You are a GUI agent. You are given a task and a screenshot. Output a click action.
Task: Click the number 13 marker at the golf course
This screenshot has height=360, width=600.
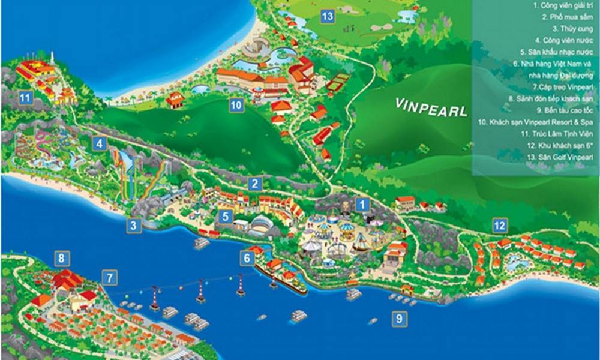point(327,17)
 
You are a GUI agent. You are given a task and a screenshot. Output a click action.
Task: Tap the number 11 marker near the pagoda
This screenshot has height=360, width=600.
point(25,97)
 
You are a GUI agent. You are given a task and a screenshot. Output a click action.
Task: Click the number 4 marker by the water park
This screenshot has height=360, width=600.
point(99,143)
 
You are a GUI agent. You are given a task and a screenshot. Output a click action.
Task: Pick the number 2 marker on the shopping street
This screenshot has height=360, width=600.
point(255,184)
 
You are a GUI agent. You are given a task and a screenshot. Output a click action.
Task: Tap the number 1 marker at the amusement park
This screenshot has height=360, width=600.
point(362,205)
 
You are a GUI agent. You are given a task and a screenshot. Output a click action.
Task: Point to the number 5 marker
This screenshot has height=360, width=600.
point(225,216)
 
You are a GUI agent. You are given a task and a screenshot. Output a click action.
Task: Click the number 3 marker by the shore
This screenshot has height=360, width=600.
point(134,226)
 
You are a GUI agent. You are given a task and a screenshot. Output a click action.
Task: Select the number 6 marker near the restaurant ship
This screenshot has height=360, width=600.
point(247,258)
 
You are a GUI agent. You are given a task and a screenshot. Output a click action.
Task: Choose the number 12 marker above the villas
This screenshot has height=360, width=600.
point(500,226)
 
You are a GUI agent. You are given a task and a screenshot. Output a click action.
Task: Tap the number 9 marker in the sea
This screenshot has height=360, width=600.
point(398,319)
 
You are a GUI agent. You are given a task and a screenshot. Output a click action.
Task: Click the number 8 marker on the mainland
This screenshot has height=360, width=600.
point(61,259)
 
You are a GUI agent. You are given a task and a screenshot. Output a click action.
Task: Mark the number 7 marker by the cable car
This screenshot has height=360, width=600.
point(109,278)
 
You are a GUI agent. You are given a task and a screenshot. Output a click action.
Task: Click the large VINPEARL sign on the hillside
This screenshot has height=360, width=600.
point(431,107)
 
